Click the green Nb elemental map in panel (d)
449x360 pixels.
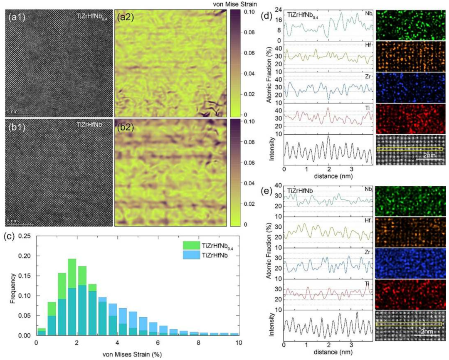pos(410,25)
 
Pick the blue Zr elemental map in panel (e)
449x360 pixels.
pos(410,263)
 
